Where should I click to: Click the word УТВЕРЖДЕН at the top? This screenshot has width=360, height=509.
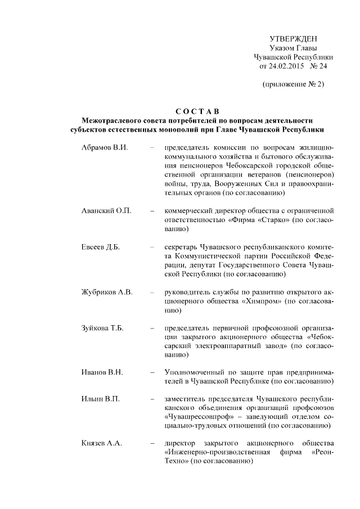(x=293, y=39)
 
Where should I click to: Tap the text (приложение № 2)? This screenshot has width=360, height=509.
(x=293, y=84)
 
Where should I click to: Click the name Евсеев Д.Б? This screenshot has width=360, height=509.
(x=101, y=247)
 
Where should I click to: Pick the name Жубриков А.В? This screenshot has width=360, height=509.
(x=107, y=292)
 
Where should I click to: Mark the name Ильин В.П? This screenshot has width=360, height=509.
(x=100, y=399)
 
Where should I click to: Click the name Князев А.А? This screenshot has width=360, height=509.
(x=102, y=444)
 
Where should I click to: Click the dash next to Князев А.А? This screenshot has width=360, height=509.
(x=153, y=444)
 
